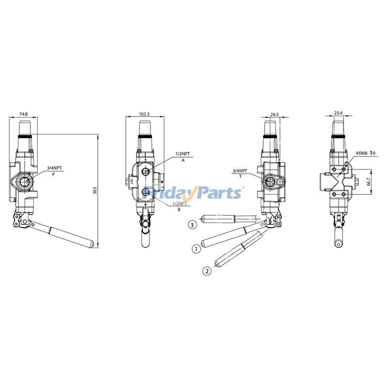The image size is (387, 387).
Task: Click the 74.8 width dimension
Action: (x=23, y=114)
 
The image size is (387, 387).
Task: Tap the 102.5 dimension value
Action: (x=144, y=114)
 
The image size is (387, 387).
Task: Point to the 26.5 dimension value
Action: (x=274, y=114)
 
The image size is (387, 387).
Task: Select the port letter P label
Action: (x=54, y=174)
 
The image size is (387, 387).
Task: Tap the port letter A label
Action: (x=183, y=160)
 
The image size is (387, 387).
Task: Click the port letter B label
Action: (x=179, y=210)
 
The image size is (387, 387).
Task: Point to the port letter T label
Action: (x=240, y=177)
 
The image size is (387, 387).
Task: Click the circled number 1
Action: (x=196, y=249)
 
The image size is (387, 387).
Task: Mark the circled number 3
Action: (x=193, y=225)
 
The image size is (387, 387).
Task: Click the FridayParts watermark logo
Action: (x=193, y=192)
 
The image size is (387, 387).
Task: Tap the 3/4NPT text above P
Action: (x=54, y=168)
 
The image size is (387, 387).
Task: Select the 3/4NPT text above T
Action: (x=240, y=171)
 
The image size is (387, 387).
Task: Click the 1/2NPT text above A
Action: (x=182, y=154)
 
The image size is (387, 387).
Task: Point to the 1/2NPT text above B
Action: (x=180, y=205)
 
